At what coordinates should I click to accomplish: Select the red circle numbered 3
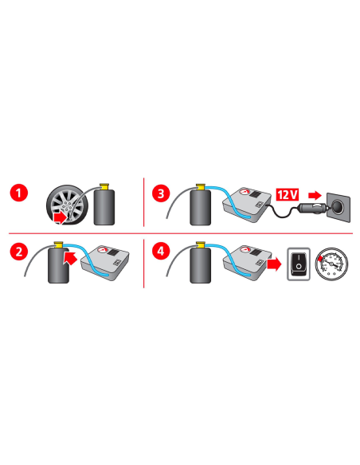point(162,193)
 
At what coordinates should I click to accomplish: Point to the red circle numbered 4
point(162,252)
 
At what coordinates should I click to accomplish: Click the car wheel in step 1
point(68,205)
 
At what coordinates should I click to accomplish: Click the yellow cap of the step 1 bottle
point(104,185)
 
